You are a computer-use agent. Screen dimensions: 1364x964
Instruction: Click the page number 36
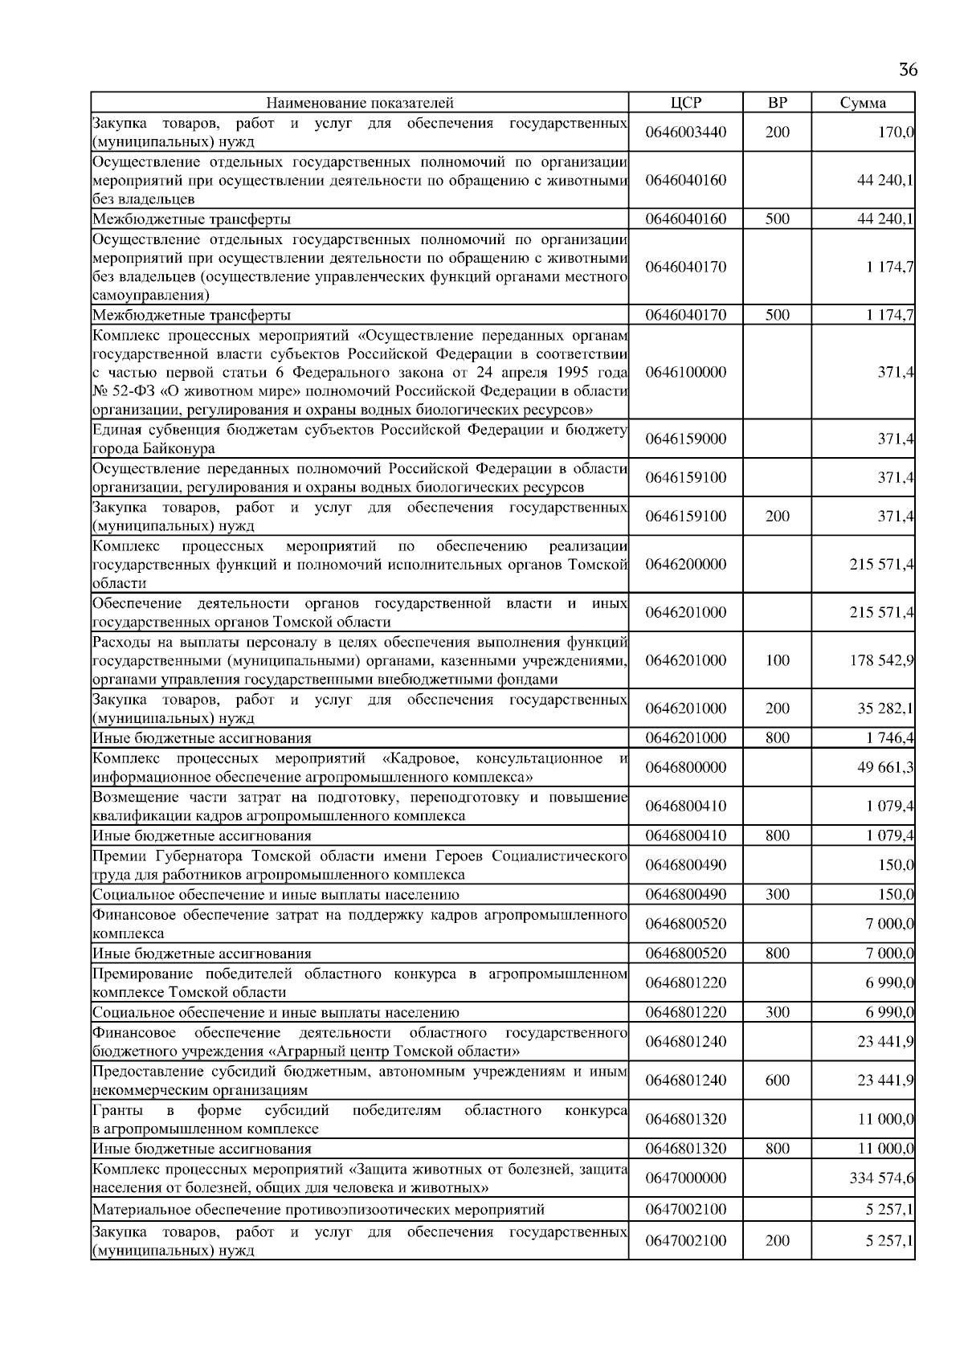point(908,70)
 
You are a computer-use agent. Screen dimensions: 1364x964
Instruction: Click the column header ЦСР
point(685,103)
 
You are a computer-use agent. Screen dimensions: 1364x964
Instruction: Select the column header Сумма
point(863,103)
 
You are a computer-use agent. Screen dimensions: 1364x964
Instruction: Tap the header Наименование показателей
point(359,103)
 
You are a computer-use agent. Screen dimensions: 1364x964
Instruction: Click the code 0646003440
point(685,133)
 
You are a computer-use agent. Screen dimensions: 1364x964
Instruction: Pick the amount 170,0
point(895,133)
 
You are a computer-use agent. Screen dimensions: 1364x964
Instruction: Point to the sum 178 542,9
point(881,660)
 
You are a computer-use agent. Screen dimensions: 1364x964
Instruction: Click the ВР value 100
point(777,660)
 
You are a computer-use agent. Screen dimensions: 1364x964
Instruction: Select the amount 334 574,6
point(881,1178)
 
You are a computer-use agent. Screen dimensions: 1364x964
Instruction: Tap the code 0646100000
point(685,372)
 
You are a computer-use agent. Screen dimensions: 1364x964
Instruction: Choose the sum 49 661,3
point(884,767)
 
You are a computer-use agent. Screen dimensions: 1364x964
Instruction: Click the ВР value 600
point(777,1080)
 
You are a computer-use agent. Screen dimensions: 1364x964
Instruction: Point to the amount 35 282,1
point(884,709)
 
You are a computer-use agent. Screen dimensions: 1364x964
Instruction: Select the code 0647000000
point(685,1178)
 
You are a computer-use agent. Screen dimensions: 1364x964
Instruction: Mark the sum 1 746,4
point(889,738)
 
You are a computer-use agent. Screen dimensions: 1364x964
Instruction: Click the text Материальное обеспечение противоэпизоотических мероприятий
point(318,1210)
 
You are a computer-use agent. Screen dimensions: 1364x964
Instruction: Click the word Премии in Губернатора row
point(116,856)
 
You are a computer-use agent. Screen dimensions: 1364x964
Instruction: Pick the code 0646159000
point(685,439)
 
